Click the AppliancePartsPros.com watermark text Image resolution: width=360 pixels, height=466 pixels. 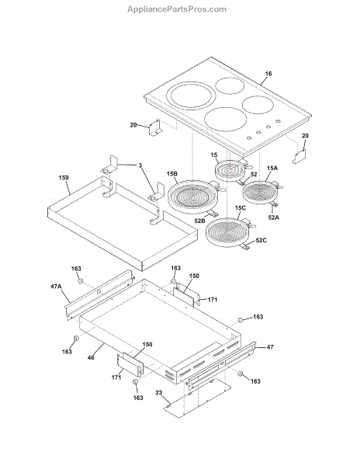click(177, 9)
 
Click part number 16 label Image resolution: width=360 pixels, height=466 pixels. click(268, 74)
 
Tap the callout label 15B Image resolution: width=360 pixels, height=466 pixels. click(172, 173)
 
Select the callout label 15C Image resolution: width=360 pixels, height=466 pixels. click(241, 207)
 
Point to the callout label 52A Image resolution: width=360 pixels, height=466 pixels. click(274, 217)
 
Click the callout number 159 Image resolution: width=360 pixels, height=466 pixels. click(64, 178)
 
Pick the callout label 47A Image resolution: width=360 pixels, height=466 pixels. click(56, 287)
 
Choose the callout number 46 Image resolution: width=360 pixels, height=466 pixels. click(91, 357)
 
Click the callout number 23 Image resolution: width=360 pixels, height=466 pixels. click(159, 392)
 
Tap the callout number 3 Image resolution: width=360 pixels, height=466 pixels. click(140, 165)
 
